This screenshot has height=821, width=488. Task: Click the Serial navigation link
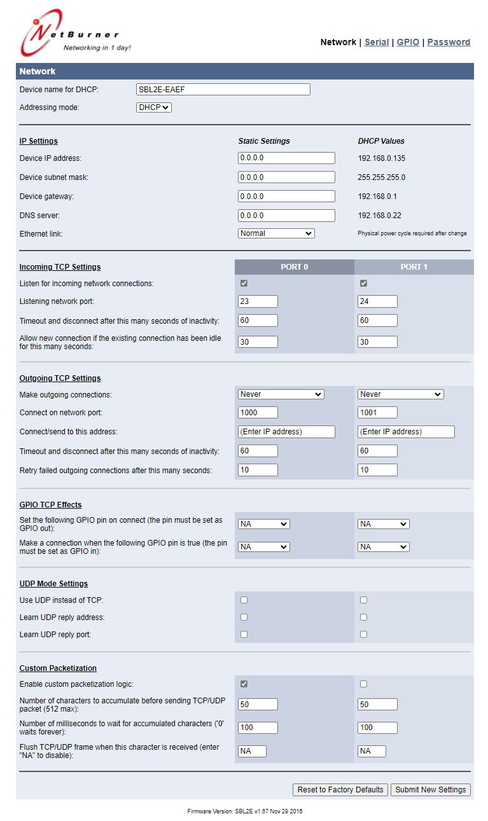pos(377,42)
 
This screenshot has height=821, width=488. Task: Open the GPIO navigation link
pos(408,42)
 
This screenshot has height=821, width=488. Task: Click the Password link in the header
pos(449,42)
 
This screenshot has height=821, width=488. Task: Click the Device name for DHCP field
pos(223,90)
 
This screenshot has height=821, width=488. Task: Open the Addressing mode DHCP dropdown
pos(154,107)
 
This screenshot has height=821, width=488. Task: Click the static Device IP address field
pos(286,158)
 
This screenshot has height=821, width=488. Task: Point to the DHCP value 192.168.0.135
pos(382,158)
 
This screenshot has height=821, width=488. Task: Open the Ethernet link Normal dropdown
pos(276,233)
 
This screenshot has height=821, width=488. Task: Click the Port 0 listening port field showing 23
pos(258,301)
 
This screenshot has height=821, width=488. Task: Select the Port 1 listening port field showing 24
pos(377,301)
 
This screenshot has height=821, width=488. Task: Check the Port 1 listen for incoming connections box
pos(363,284)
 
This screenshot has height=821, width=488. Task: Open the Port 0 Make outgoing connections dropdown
pos(281,394)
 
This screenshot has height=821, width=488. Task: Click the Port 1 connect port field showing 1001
pos(377,413)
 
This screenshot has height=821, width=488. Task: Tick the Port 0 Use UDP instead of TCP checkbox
pos(244,600)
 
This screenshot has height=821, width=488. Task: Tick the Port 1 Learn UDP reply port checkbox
pos(363,635)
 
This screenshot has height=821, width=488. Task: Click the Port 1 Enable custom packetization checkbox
pos(363,684)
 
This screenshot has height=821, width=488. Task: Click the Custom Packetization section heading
pos(58,668)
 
